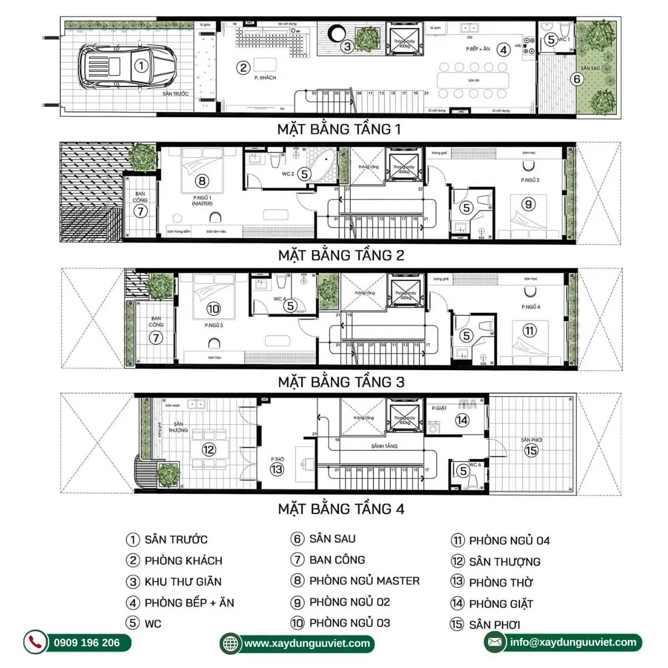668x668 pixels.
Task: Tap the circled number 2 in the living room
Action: pyautogui.click(x=243, y=68)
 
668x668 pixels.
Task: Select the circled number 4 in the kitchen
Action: pyautogui.click(x=503, y=50)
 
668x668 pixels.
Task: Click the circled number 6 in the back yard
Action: pyautogui.click(x=577, y=79)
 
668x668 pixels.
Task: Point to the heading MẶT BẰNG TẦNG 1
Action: pyautogui.click(x=338, y=129)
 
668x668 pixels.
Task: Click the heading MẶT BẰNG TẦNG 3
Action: pyautogui.click(x=341, y=382)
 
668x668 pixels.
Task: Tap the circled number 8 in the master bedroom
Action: pyautogui.click(x=202, y=181)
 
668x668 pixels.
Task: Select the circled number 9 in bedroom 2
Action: pyautogui.click(x=528, y=204)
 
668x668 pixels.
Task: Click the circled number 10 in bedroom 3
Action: pyautogui.click(x=213, y=308)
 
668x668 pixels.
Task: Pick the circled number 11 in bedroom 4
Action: pyautogui.click(x=529, y=331)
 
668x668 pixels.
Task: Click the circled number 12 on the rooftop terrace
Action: pyautogui.click(x=209, y=450)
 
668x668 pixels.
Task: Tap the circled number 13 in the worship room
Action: pyautogui.click(x=277, y=469)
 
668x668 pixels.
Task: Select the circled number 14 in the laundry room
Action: pyautogui.click(x=461, y=420)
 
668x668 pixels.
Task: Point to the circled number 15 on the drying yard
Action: pyautogui.click(x=531, y=450)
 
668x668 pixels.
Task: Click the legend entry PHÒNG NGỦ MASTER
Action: pyautogui.click(x=364, y=581)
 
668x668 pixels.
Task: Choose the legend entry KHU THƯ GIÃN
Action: pyautogui.click(x=183, y=582)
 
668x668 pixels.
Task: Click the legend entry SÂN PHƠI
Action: pyautogui.click(x=494, y=625)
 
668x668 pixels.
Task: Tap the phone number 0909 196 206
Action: pyautogui.click(x=87, y=643)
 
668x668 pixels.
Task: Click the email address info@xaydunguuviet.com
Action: pyautogui.click(x=573, y=642)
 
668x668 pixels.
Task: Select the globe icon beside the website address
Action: pyautogui.click(x=230, y=644)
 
